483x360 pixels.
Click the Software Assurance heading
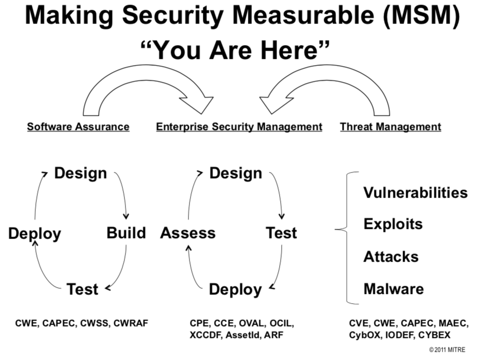click(x=78, y=126)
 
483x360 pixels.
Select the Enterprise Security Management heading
click(x=239, y=126)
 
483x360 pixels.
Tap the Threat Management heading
click(x=390, y=126)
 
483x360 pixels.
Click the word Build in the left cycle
click(x=126, y=233)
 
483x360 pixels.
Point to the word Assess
click(x=187, y=234)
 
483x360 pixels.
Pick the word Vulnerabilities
click(x=415, y=193)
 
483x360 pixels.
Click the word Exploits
click(x=393, y=224)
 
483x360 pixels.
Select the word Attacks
click(x=391, y=257)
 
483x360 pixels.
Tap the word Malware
click(x=393, y=289)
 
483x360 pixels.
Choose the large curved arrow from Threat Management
click(x=328, y=82)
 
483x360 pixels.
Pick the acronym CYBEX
click(x=434, y=335)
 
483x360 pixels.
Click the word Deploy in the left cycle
click(x=34, y=234)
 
